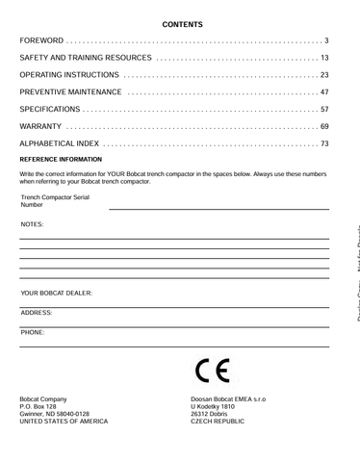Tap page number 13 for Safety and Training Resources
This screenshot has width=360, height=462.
click(x=323, y=58)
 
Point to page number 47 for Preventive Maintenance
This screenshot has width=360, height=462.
click(x=323, y=92)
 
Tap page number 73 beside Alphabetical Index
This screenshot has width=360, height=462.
click(x=323, y=144)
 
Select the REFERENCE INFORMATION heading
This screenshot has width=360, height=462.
click(x=61, y=161)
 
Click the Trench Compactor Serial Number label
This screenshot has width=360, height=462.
click(x=55, y=200)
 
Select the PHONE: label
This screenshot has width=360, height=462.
click(x=33, y=332)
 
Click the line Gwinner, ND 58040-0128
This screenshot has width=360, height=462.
click(x=55, y=414)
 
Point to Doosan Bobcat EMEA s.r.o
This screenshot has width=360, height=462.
click(x=229, y=398)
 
